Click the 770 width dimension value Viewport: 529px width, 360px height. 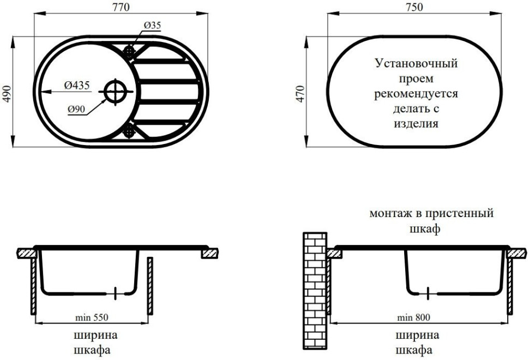(x=121, y=7)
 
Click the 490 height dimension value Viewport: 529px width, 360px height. (x=7, y=92)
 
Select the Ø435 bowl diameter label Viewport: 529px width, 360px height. (x=76, y=85)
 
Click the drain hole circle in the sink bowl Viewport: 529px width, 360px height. (x=115, y=91)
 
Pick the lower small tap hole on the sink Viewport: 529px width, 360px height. (x=130, y=130)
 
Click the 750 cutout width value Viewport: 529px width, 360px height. (x=416, y=7)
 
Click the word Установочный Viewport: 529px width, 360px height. (x=416, y=64)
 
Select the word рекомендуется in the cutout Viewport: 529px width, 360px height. (x=416, y=94)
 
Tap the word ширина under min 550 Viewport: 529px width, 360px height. (x=95, y=334)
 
